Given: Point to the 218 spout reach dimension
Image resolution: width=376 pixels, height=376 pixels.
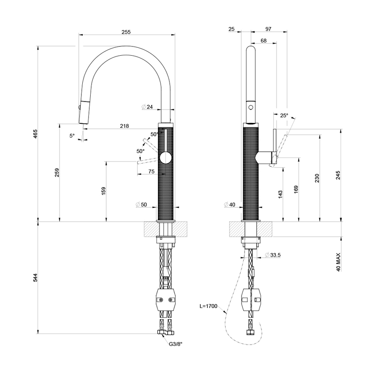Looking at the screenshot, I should point(124,126).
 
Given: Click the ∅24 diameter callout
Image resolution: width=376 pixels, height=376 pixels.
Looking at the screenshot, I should point(147,107).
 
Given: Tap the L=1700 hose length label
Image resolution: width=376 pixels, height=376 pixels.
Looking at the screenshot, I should point(208,306).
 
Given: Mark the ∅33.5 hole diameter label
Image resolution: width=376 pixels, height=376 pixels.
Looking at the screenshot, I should point(273,255).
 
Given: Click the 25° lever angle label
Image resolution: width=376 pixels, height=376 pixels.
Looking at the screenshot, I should point(284,115).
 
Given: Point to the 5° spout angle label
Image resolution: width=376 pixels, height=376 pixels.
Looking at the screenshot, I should point(72,136).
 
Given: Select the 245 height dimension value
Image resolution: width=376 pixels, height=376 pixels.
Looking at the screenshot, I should point(338,175).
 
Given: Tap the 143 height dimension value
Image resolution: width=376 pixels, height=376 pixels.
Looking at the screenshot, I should point(280,195).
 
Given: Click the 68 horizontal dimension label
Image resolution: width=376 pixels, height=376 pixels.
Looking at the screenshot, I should point(264,41).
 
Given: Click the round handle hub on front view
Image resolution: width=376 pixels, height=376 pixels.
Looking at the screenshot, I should point(165,157).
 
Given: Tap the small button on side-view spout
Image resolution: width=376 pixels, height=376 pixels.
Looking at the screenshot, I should point(250,107).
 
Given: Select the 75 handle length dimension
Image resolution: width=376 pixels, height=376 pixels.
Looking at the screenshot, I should point(151,171).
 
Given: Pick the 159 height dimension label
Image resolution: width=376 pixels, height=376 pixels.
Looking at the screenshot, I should point(104,191).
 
